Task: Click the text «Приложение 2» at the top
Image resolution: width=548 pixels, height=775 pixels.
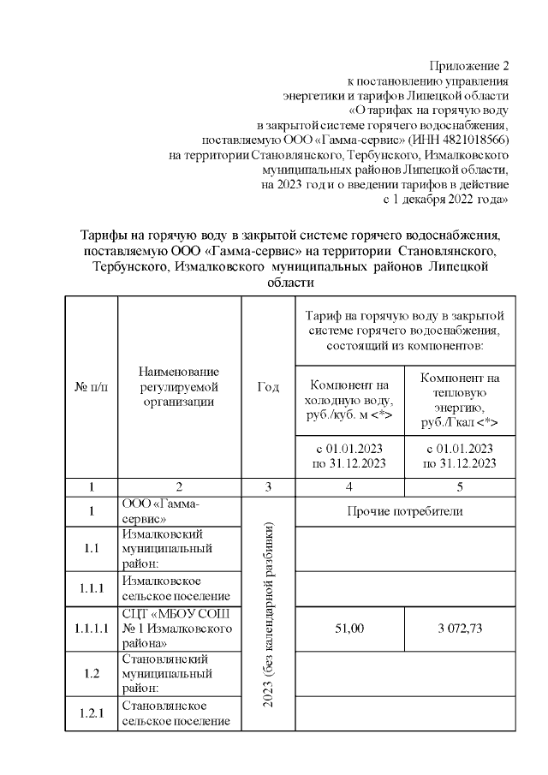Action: click(x=470, y=64)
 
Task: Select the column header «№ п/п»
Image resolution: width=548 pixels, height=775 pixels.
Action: click(x=91, y=386)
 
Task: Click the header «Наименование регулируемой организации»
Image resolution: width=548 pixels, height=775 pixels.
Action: click(x=178, y=386)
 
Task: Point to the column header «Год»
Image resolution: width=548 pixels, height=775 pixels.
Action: click(x=268, y=386)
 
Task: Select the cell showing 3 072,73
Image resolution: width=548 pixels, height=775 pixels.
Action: click(x=461, y=628)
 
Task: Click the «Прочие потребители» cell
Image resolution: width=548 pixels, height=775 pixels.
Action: click(x=405, y=511)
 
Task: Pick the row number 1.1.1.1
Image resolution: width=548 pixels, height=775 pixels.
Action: click(x=91, y=628)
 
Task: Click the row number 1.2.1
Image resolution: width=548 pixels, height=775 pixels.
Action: click(x=91, y=712)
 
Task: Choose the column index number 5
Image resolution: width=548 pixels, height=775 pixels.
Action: click(x=461, y=486)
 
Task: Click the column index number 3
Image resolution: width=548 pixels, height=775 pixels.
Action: click(x=268, y=486)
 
